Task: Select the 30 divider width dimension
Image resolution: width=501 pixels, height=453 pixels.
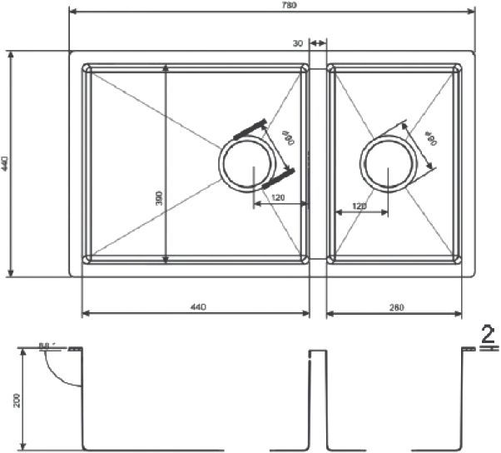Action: pyautogui.click(x=297, y=41)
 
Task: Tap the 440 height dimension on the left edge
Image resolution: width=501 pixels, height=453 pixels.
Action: pyautogui.click(x=5, y=162)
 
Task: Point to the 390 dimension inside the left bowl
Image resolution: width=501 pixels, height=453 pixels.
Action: pyautogui.click(x=159, y=197)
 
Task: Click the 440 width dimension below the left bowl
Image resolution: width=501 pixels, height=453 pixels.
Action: pyautogui.click(x=197, y=307)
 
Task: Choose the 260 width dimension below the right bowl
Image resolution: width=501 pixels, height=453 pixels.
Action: pyautogui.click(x=396, y=307)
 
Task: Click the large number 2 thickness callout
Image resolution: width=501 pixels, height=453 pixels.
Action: pyautogui.click(x=489, y=335)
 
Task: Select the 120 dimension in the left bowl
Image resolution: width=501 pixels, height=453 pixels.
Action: pyautogui.click(x=278, y=197)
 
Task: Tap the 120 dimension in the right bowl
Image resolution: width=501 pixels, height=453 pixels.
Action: pyautogui.click(x=360, y=206)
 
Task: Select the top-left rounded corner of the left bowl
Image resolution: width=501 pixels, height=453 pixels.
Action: pyautogui.click(x=87, y=69)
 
